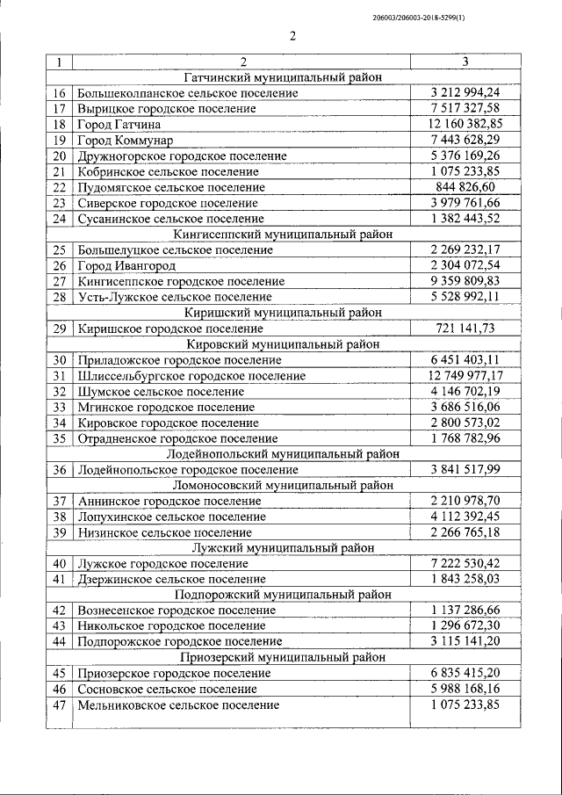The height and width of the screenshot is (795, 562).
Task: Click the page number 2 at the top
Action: click(292, 37)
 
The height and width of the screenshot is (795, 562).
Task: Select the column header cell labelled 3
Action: click(465, 62)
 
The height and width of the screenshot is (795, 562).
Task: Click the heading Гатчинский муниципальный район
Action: click(284, 77)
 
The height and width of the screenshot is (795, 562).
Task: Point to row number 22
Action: click(60, 187)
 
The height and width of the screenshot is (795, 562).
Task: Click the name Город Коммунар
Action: click(126, 140)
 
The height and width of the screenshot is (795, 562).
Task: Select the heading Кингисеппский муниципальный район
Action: click(284, 235)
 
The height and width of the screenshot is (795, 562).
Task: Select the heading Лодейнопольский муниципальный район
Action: click(284, 454)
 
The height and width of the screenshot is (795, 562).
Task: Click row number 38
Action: click(60, 517)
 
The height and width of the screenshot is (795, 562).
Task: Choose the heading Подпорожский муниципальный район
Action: click(284, 595)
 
